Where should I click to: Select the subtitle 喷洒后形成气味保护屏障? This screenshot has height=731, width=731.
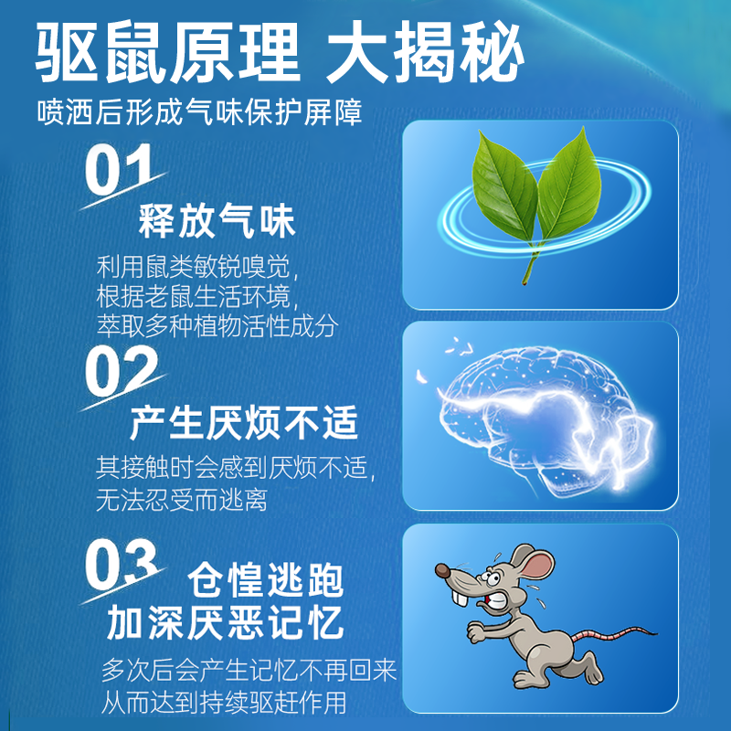point(199,112)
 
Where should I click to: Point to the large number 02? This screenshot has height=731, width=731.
point(122,371)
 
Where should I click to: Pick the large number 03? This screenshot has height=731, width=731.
point(122,564)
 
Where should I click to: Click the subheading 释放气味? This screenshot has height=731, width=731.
point(217,222)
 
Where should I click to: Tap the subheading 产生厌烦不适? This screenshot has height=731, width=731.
point(244,423)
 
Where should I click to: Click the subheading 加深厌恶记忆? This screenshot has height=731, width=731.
point(225,624)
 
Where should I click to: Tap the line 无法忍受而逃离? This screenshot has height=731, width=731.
point(182,501)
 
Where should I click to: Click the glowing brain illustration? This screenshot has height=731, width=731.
point(539,416)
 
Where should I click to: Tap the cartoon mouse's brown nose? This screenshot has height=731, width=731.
point(441,573)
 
